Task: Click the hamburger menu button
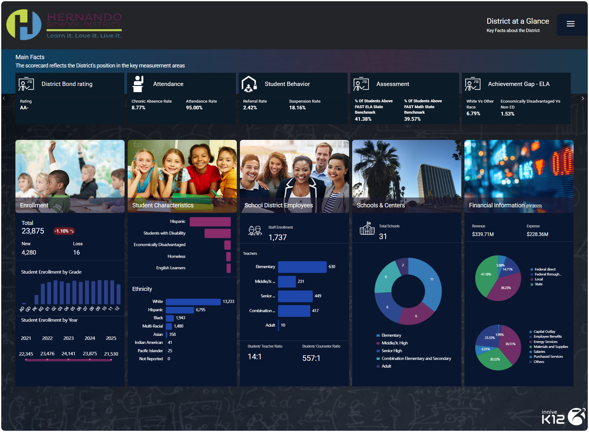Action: (570, 24)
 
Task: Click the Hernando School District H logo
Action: (24, 25)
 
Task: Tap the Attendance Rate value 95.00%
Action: (194, 108)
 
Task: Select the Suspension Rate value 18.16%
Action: (297, 108)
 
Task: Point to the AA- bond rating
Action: (24, 108)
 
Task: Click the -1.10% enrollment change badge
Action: (64, 231)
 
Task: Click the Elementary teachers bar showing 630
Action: (302, 267)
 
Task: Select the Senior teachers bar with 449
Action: (295, 296)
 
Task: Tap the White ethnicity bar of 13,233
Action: (193, 302)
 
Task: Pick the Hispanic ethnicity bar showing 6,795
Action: (180, 310)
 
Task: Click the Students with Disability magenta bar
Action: (217, 233)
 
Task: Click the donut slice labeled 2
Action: (402, 266)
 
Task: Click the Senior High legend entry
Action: (391, 351)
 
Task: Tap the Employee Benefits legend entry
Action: (547, 337)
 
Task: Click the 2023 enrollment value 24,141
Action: (68, 354)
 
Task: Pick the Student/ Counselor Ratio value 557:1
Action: (311, 358)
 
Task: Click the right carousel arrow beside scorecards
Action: (583, 99)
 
